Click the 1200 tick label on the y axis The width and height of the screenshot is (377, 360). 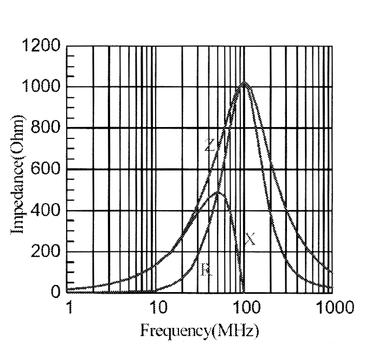tap(41, 46)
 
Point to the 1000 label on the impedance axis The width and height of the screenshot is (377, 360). tap(41, 87)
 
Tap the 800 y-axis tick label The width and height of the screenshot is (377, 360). tap(45, 129)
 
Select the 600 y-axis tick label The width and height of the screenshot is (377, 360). tap(45, 170)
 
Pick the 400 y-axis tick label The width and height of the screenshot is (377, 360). tap(45, 211)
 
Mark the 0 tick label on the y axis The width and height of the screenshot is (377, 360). tap(56, 293)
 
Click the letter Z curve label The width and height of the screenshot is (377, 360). tap(210, 145)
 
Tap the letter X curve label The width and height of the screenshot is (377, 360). tap(250, 238)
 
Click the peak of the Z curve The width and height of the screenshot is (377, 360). tap(245, 83)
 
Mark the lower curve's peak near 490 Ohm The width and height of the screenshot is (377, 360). tap(218, 192)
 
